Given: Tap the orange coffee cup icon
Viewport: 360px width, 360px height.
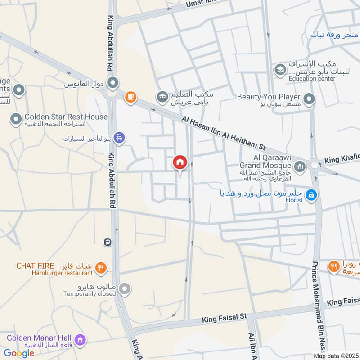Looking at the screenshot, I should point(130,97).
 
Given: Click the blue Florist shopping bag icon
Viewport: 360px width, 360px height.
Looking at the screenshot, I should point(310,195).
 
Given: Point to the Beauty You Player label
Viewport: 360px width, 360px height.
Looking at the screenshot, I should point(269,97).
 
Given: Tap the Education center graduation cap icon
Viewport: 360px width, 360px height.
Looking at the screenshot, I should point(279,70).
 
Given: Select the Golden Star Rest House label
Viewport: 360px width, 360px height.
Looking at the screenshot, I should point(66,117).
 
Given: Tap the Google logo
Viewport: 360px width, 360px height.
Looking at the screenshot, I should point(19,353).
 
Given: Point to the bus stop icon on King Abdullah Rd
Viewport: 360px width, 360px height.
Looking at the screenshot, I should point(108,242).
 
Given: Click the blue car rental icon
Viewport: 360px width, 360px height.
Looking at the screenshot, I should point(119,137).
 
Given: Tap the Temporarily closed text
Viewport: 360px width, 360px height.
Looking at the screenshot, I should point(90,294).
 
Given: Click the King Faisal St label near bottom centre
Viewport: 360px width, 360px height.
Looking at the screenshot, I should point(225,318).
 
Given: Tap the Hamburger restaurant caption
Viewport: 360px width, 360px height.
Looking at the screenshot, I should point(62,273).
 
